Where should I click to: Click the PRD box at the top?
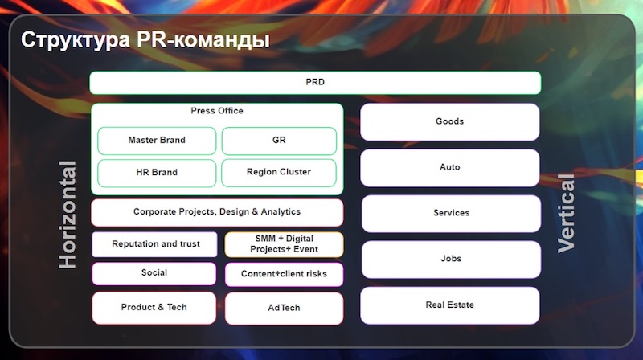point(315,83)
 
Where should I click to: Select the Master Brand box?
point(157,141)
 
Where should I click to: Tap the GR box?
point(279,141)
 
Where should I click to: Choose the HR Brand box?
point(157,173)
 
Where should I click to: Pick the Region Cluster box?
point(279,173)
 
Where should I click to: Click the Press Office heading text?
point(217,111)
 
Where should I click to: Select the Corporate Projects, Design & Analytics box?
point(217,212)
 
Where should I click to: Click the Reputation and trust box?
point(155,244)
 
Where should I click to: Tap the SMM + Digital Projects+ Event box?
point(284,244)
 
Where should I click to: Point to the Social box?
point(154,273)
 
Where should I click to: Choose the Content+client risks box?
point(284,274)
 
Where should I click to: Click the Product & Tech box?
point(154,308)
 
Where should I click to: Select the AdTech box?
point(284,308)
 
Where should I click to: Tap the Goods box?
point(449,122)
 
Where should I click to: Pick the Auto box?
point(449,167)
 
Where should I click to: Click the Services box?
point(450,213)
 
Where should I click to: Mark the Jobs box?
point(450,259)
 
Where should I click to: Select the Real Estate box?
point(449,305)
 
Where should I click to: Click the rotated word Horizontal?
point(68,215)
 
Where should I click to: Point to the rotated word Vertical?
point(567,214)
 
